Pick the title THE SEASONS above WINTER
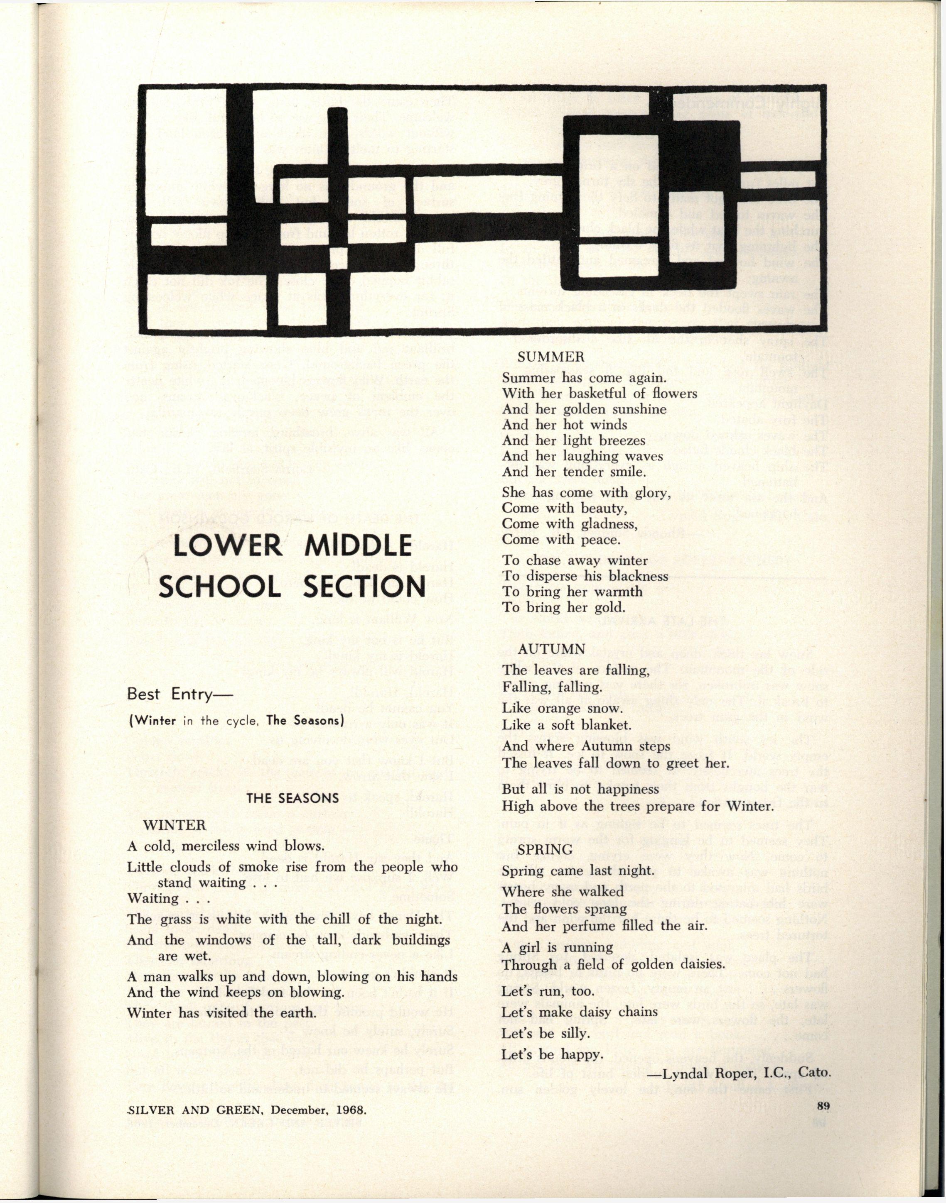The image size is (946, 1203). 292,797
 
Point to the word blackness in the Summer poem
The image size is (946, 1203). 638,576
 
